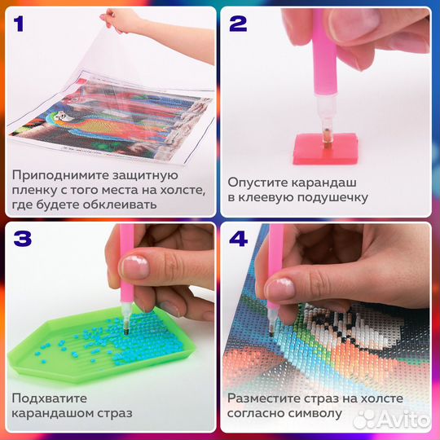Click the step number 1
[20, 22]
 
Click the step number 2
[237, 23]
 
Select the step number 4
[238, 240]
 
